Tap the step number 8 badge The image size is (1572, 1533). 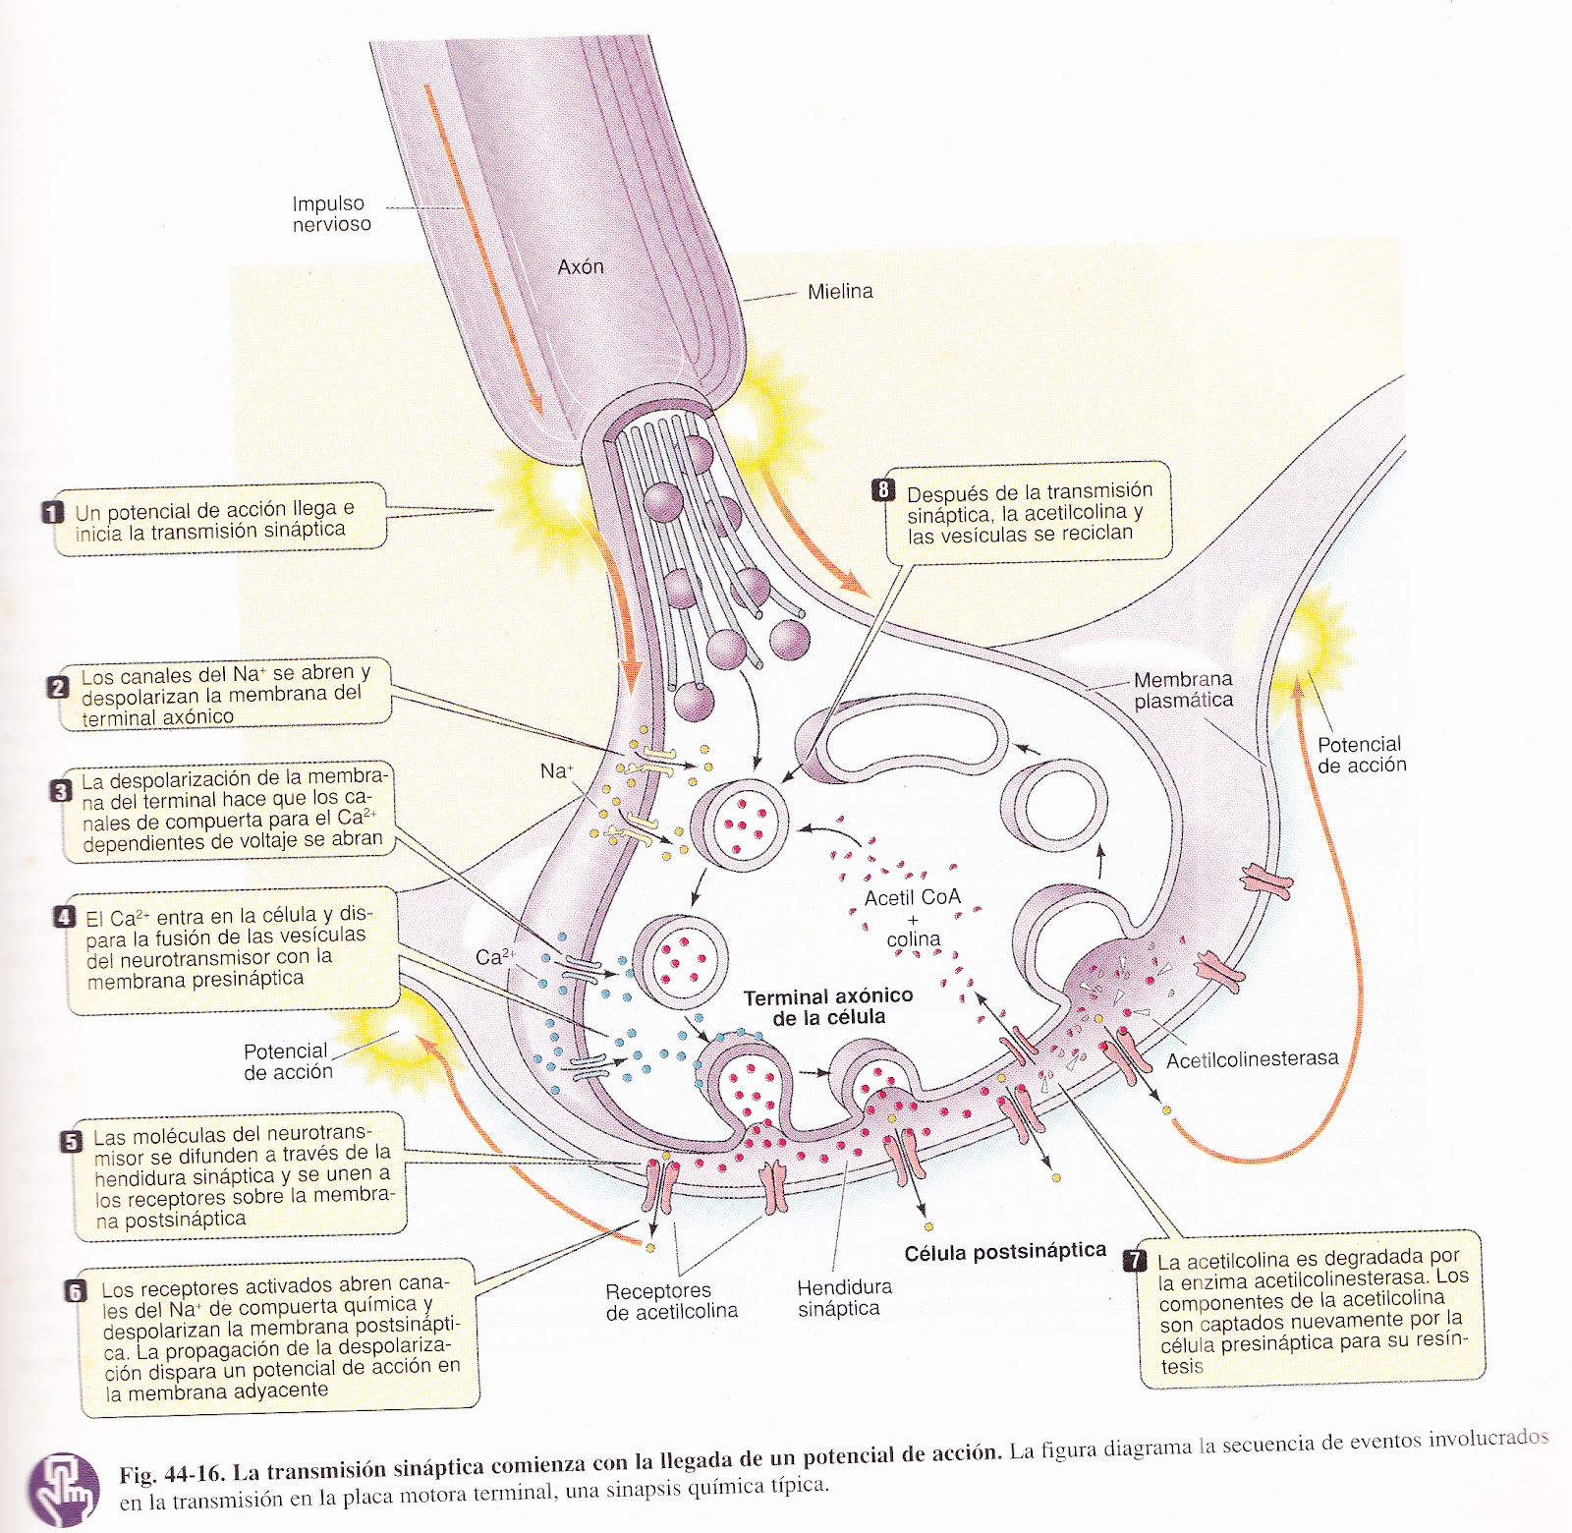click(883, 489)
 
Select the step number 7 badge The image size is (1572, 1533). click(1135, 1260)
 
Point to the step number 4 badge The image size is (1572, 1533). click(65, 917)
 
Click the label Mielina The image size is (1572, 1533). click(839, 291)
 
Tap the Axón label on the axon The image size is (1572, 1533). click(581, 266)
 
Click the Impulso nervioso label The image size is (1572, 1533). click(331, 213)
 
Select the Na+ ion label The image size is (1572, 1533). click(556, 771)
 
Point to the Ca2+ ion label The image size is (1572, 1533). click(494, 956)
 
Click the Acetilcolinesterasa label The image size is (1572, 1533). click(1252, 1058)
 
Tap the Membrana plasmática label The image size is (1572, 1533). click(1183, 690)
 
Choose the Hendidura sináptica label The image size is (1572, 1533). click(843, 1297)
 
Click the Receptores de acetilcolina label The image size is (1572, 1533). click(671, 1301)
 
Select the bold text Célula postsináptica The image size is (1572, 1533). click(1004, 1252)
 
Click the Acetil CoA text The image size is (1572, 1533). click(912, 897)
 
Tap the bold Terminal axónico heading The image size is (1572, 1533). click(827, 997)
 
